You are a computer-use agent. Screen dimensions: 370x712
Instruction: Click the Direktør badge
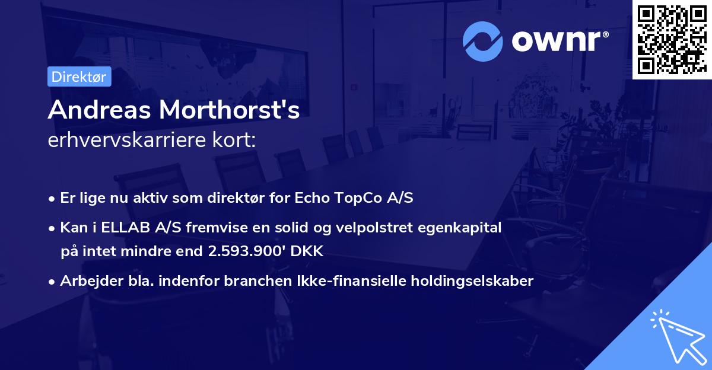pos(79,76)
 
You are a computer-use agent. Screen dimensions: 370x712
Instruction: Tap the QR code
pos(672,40)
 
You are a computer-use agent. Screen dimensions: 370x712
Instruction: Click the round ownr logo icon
pos(483,41)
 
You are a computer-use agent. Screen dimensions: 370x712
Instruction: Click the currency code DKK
pos(307,251)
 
